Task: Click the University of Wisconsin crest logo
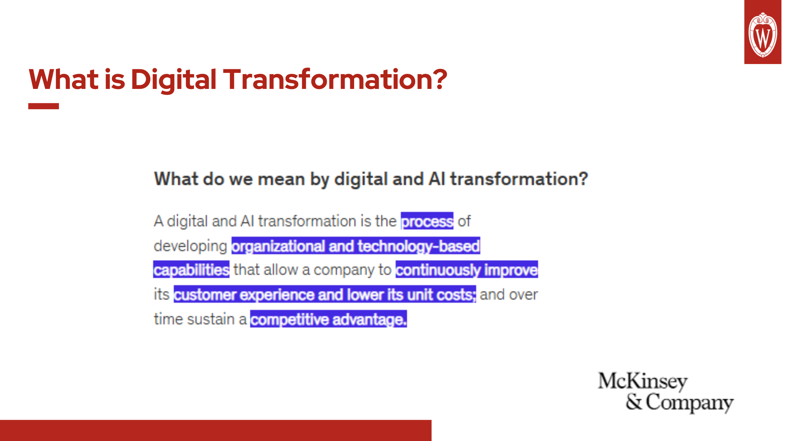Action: [762, 34]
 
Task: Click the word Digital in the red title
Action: [173, 79]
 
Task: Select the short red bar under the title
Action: [43, 106]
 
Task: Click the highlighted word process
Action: [427, 221]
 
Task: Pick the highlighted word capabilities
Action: [191, 270]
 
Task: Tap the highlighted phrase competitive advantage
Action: [328, 319]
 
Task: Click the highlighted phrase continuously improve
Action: [466, 270]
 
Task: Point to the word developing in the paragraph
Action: [190, 246]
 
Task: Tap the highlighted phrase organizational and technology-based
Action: [356, 246]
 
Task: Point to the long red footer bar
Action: [216, 430]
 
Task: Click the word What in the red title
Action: [64, 79]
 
